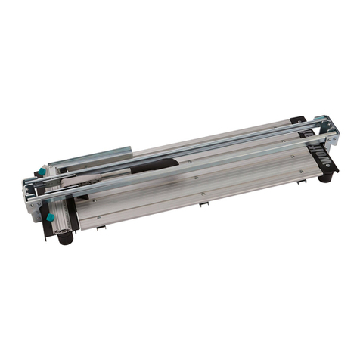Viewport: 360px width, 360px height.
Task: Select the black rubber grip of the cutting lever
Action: pyautogui.click(x=154, y=165)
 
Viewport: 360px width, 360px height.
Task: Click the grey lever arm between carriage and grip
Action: pyautogui.click(x=98, y=177)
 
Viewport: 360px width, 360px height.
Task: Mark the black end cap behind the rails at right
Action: pyautogui.click(x=299, y=121)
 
